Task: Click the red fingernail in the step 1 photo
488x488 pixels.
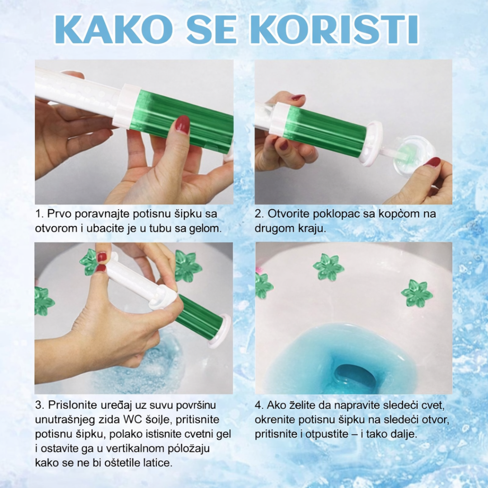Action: tap(183, 124)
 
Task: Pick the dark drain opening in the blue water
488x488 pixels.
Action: tap(355, 375)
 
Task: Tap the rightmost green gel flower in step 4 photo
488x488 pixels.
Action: tap(416, 293)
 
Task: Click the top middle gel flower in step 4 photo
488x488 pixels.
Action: tap(328, 267)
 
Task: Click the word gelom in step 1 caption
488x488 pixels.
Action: tap(206, 228)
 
